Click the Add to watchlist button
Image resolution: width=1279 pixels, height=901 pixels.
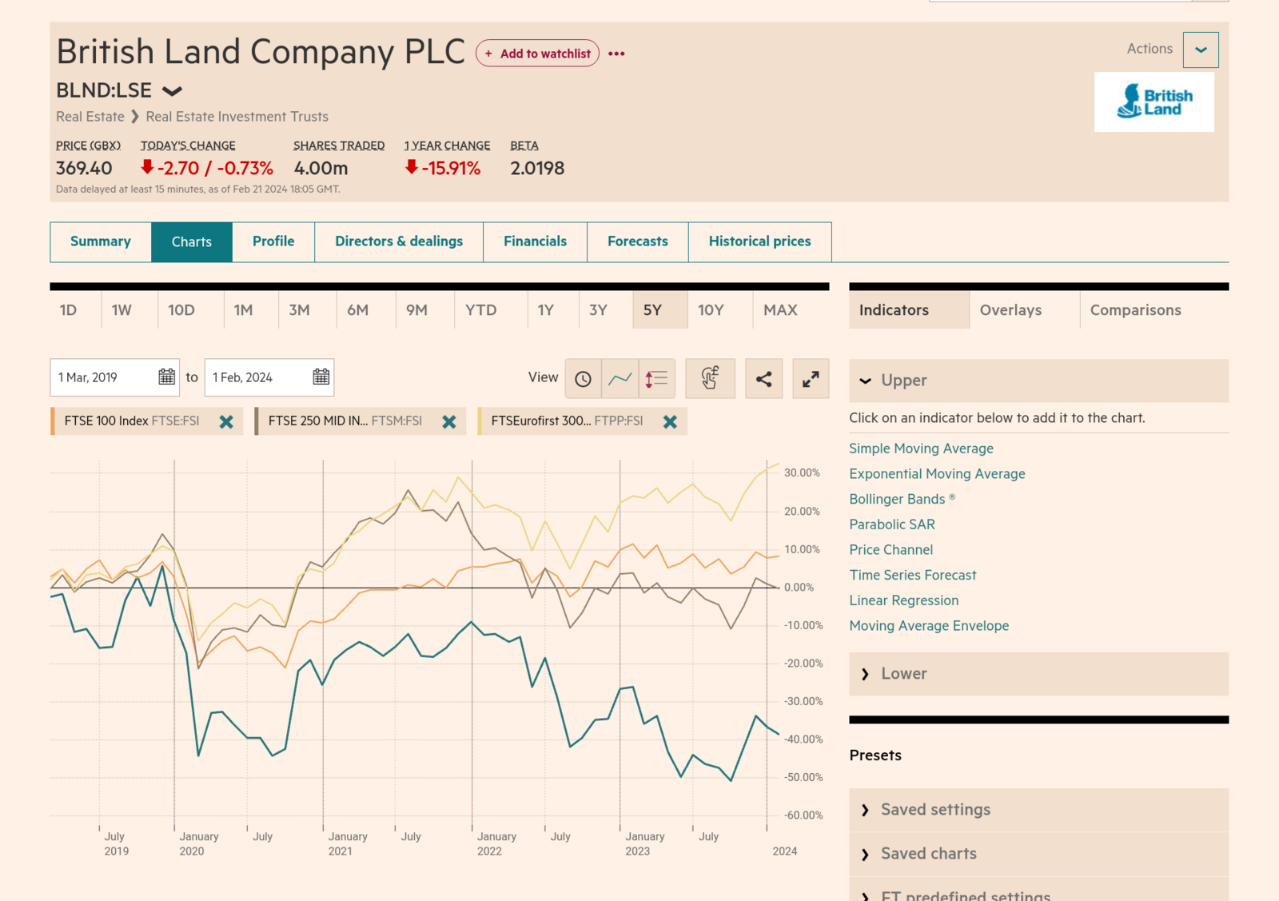[537, 54]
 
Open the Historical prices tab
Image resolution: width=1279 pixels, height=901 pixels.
[759, 241]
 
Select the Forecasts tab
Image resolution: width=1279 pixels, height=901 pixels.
[637, 241]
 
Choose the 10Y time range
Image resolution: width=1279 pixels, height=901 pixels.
[711, 310]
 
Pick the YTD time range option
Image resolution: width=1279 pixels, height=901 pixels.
[480, 310]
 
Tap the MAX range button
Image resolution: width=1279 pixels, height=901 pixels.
[780, 310]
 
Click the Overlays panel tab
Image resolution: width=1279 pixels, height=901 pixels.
[1010, 310]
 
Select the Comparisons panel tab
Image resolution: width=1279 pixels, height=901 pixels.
[1135, 310]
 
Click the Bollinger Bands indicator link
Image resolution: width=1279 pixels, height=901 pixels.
[897, 500]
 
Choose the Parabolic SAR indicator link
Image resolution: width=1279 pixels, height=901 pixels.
[892, 524]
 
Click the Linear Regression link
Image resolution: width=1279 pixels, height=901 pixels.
[903, 600]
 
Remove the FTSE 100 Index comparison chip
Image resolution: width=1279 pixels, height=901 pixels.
[226, 421]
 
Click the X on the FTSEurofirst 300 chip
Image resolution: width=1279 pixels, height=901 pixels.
[670, 421]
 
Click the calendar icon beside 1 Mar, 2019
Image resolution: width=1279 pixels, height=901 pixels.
[166, 377]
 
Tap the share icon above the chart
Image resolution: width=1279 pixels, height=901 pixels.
[763, 379]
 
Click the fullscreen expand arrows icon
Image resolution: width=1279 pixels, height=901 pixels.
[811, 379]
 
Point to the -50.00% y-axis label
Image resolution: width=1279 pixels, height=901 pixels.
[803, 777]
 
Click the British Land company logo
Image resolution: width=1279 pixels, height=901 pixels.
[1153, 102]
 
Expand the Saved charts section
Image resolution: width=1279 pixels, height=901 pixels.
[928, 854]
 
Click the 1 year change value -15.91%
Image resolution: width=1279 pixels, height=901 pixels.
[451, 169]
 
